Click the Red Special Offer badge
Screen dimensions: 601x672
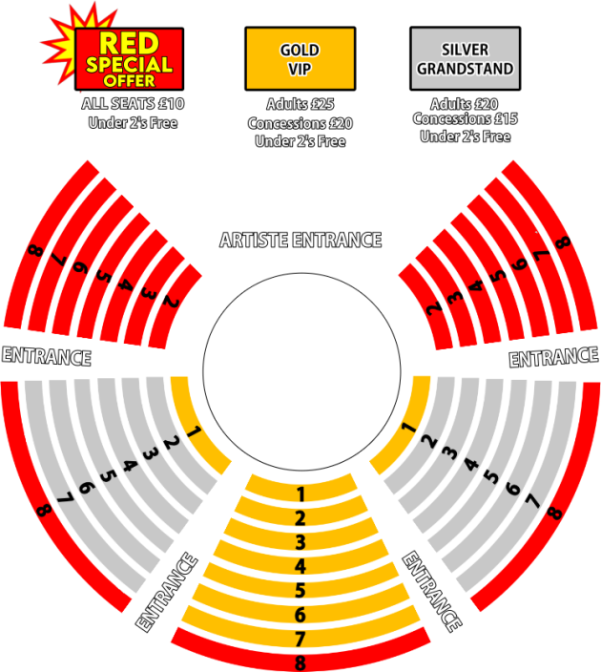(x=129, y=59)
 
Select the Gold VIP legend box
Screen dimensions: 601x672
(x=300, y=59)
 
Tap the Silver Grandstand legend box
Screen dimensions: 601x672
(x=466, y=59)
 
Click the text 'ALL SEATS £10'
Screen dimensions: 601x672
(x=133, y=104)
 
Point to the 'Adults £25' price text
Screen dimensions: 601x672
(x=300, y=104)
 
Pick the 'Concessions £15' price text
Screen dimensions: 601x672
(x=466, y=118)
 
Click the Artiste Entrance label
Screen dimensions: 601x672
(x=300, y=240)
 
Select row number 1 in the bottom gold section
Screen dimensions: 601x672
(x=300, y=494)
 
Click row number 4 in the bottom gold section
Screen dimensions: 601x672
(x=300, y=566)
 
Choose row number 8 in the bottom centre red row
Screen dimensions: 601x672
(x=300, y=662)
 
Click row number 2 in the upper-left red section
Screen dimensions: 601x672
(x=171, y=303)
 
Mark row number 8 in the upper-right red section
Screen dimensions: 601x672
(x=563, y=242)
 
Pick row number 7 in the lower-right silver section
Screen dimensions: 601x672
(x=532, y=500)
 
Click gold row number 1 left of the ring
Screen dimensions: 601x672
(x=195, y=431)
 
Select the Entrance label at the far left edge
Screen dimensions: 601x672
(x=47, y=357)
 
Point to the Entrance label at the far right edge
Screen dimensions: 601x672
(x=553, y=357)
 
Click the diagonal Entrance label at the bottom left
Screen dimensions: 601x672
(x=166, y=592)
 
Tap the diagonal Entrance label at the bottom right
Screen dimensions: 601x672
(x=432, y=592)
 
